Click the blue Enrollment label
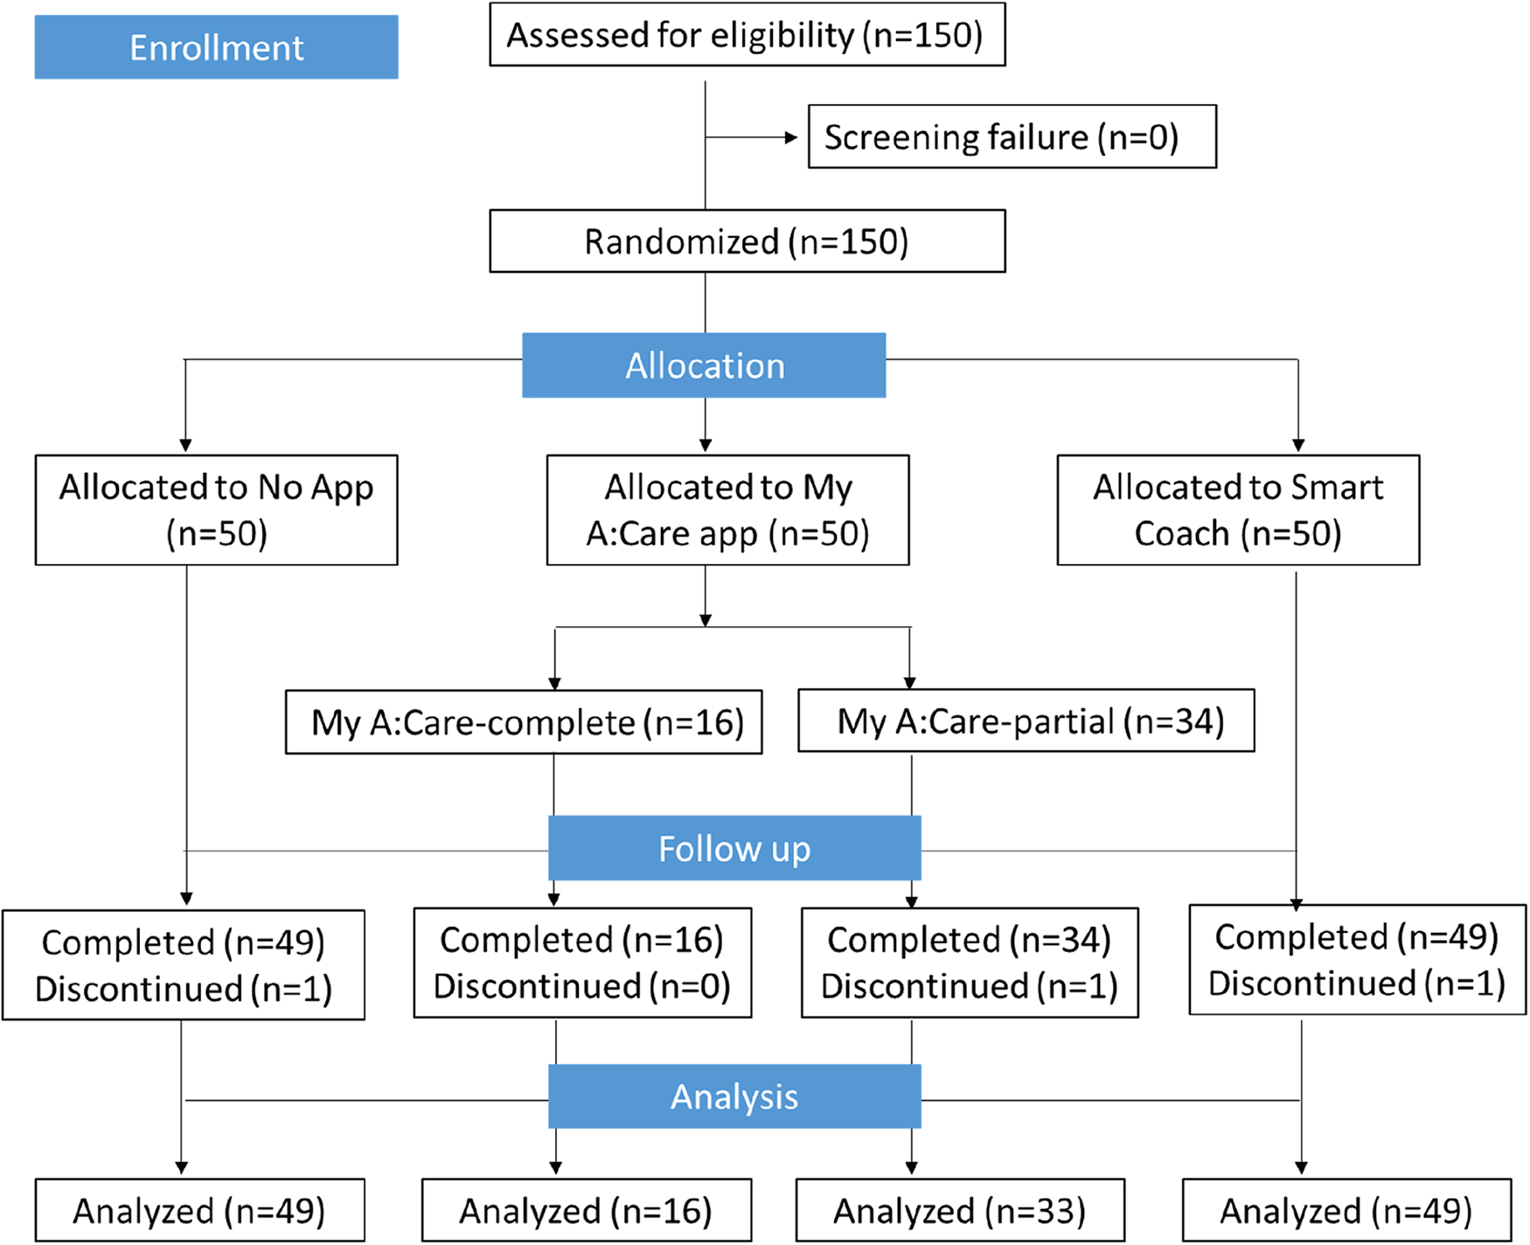pyautogui.click(x=216, y=47)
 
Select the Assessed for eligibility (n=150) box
pyautogui.click(x=747, y=35)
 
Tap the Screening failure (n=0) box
pyautogui.click(x=1012, y=137)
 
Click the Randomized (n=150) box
pyautogui.click(x=747, y=241)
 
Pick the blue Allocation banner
pyautogui.click(x=704, y=365)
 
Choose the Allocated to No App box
pyautogui.click(x=216, y=510)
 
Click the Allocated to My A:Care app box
pyautogui.click(x=727, y=510)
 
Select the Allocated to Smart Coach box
pyautogui.click(x=1238, y=510)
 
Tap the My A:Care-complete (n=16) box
pyautogui.click(x=524, y=722)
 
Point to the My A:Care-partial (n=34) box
pyautogui.click(x=1026, y=721)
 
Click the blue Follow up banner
pyautogui.click(x=734, y=848)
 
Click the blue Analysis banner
pyautogui.click(x=734, y=1096)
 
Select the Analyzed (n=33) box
pyautogui.click(x=960, y=1210)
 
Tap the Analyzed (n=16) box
pyautogui.click(x=586, y=1210)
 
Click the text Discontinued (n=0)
pyautogui.click(x=582, y=986)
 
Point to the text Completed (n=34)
pyautogui.click(x=969, y=940)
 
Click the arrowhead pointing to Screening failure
pyautogui.click(x=791, y=137)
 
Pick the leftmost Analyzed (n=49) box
pyautogui.click(x=199, y=1210)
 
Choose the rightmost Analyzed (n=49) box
pyautogui.click(x=1346, y=1210)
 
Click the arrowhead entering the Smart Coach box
pyautogui.click(x=1298, y=446)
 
